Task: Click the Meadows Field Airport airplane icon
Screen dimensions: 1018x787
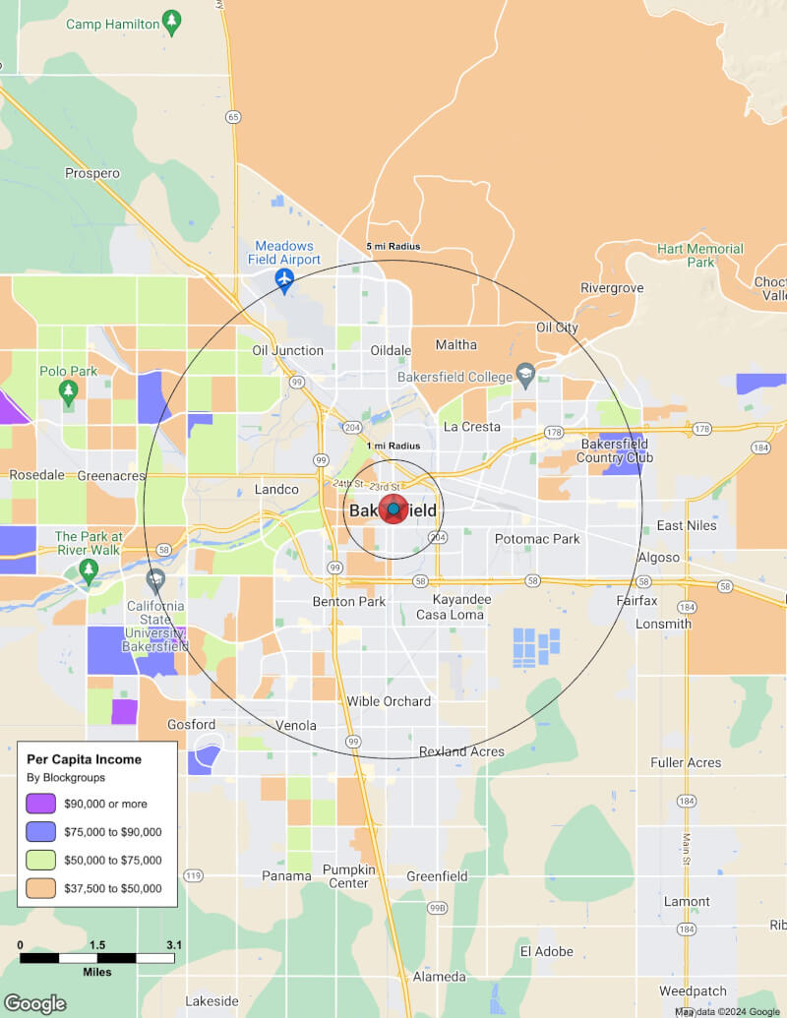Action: pos(284,280)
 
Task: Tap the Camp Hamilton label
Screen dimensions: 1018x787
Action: pos(112,23)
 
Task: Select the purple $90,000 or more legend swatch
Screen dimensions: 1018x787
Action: pos(41,803)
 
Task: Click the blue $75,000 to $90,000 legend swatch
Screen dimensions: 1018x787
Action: pos(41,831)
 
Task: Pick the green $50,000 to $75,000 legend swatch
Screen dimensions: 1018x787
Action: pos(41,860)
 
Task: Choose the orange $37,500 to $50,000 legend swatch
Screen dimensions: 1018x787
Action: pos(41,888)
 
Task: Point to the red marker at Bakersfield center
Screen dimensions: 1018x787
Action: pos(393,509)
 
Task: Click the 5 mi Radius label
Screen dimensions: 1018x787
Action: pos(393,246)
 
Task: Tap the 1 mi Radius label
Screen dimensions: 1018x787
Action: pos(393,447)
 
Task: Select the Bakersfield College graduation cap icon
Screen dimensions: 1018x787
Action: pos(525,375)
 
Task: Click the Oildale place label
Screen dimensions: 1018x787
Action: pos(391,351)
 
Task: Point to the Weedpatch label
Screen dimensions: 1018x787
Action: pos(693,990)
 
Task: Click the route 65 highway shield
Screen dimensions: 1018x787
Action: pos(233,117)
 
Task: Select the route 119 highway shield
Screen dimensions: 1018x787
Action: pos(193,875)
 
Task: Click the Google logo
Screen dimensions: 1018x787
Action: pos(34,1003)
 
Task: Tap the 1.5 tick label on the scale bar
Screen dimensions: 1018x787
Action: pos(97,945)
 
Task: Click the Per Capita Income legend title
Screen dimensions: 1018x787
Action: pos(84,759)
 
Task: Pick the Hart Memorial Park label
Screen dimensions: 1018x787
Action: pos(700,256)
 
